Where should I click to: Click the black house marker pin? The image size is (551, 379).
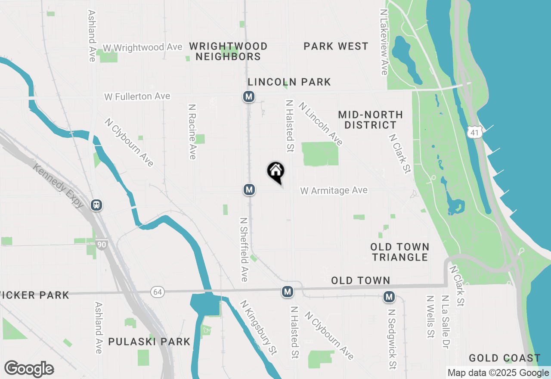tap(275, 172)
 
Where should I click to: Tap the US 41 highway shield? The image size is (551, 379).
tap(474, 133)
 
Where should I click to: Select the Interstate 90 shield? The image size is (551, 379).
tap(102, 245)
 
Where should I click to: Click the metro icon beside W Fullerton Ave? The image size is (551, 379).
tap(248, 96)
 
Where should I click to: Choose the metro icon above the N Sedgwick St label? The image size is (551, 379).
tap(390, 297)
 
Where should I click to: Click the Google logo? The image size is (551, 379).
tap(29, 369)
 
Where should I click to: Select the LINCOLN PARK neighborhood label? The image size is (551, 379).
tap(289, 82)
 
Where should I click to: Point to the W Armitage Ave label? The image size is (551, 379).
tap(334, 190)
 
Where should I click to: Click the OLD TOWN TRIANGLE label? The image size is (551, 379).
tap(400, 252)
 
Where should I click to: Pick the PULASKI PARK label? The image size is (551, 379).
tap(149, 342)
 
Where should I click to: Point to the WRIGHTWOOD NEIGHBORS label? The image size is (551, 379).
tap(228, 51)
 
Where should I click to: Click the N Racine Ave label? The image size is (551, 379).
tap(192, 131)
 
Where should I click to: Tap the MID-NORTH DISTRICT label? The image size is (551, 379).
tap(370, 120)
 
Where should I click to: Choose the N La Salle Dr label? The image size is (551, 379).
tap(446, 321)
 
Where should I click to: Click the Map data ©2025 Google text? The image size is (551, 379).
tap(498, 373)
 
